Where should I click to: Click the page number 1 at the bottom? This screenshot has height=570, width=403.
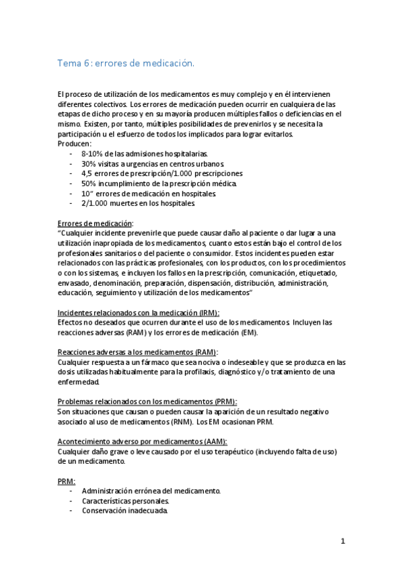tap(342, 541)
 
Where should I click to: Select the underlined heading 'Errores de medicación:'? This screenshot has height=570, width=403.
tap(96, 222)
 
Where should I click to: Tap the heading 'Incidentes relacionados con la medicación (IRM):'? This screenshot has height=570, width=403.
tap(139, 313)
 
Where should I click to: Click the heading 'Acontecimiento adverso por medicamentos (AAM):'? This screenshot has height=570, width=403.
tap(142, 441)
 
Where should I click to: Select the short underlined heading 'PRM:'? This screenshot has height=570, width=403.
tap(66, 481)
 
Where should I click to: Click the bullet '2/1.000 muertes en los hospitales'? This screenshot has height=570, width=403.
tap(138, 203)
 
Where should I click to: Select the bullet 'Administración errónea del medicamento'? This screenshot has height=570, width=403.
tap(151, 491)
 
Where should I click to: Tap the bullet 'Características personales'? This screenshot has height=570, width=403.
tap(125, 501)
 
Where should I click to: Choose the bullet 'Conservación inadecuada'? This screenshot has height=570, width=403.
tap(124, 510)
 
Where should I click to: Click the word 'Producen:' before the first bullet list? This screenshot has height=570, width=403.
tap(75, 143)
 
